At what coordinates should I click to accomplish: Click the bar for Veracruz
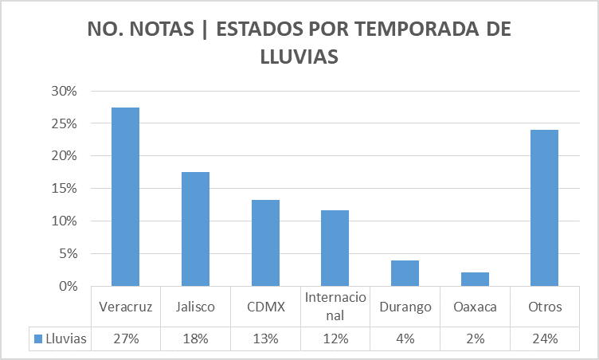click(125, 197)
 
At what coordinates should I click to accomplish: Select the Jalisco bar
click(195, 229)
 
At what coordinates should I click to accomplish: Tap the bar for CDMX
click(265, 243)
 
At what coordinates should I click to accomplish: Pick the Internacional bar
click(335, 248)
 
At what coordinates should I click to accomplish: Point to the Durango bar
click(405, 273)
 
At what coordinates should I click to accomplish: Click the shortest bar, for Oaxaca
click(475, 279)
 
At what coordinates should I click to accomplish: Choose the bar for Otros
click(545, 208)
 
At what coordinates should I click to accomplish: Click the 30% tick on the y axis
click(65, 92)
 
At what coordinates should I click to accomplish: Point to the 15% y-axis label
click(65, 189)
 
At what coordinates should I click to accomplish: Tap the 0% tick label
click(68, 286)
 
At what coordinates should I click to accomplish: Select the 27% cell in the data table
click(125, 338)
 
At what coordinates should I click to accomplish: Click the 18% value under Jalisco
click(195, 338)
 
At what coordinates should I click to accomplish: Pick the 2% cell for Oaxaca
click(475, 338)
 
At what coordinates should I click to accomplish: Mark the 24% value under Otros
click(545, 338)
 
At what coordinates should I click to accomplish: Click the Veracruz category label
click(125, 307)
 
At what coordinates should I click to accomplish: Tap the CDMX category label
click(265, 307)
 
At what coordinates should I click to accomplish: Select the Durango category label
click(405, 307)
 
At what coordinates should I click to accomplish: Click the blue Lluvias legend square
click(38, 338)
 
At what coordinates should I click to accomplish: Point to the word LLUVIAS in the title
click(299, 57)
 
